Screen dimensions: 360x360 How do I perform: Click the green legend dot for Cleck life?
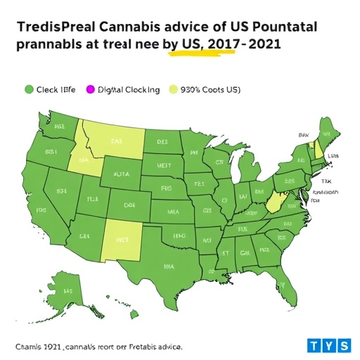click(29, 90)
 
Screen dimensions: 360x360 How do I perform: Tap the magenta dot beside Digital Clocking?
click(89, 90)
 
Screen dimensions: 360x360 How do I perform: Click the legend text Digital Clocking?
click(128, 90)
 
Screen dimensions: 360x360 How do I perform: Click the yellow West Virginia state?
click(276, 203)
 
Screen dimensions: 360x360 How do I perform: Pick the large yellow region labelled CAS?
click(115, 141)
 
